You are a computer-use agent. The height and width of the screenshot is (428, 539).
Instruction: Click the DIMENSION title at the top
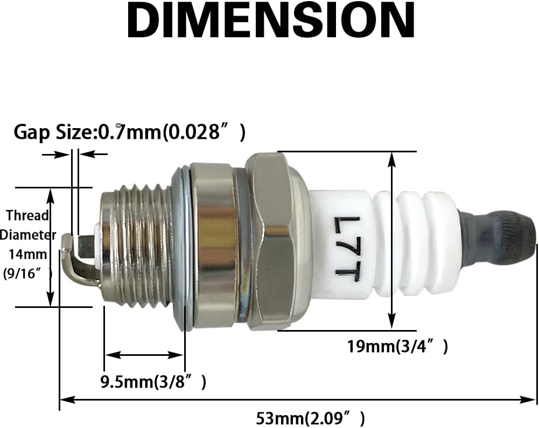(x=270, y=20)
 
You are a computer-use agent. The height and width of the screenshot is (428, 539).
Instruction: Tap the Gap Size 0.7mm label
(x=130, y=132)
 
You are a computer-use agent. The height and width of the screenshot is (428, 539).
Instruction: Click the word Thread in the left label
(x=27, y=215)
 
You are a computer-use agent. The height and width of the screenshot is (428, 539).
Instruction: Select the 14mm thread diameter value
(x=27, y=255)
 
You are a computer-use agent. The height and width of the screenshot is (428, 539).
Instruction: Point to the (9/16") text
(x=27, y=274)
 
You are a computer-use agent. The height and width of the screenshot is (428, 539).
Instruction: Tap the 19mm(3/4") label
(x=397, y=346)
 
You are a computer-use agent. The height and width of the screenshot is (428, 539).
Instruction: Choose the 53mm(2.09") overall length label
(x=310, y=419)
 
